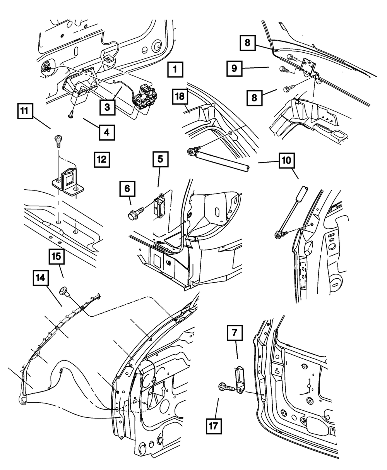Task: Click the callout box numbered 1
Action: coord(175,70)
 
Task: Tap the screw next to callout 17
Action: coord(224,387)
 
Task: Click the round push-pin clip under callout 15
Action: coord(63,291)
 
